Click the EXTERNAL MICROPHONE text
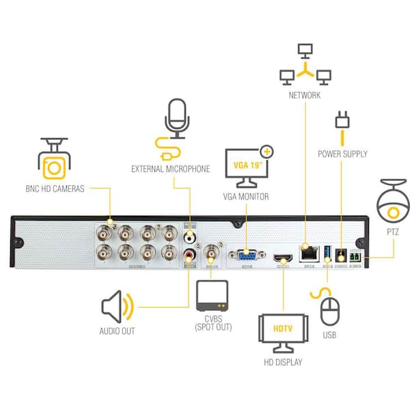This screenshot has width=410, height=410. coord(170,169)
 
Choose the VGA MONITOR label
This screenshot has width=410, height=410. coord(246,197)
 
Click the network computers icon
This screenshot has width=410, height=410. coord(305,65)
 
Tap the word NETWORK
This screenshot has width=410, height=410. coord(304,96)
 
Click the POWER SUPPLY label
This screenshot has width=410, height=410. coord(342,154)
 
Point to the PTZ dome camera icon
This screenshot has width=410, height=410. coord(392,203)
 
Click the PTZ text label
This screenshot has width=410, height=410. coord(392,232)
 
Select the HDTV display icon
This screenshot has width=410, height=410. coord(282,329)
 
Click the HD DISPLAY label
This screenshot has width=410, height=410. coord(282,361)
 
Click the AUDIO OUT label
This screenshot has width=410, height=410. coord(117,331)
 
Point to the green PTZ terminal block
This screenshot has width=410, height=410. coord(356,258)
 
